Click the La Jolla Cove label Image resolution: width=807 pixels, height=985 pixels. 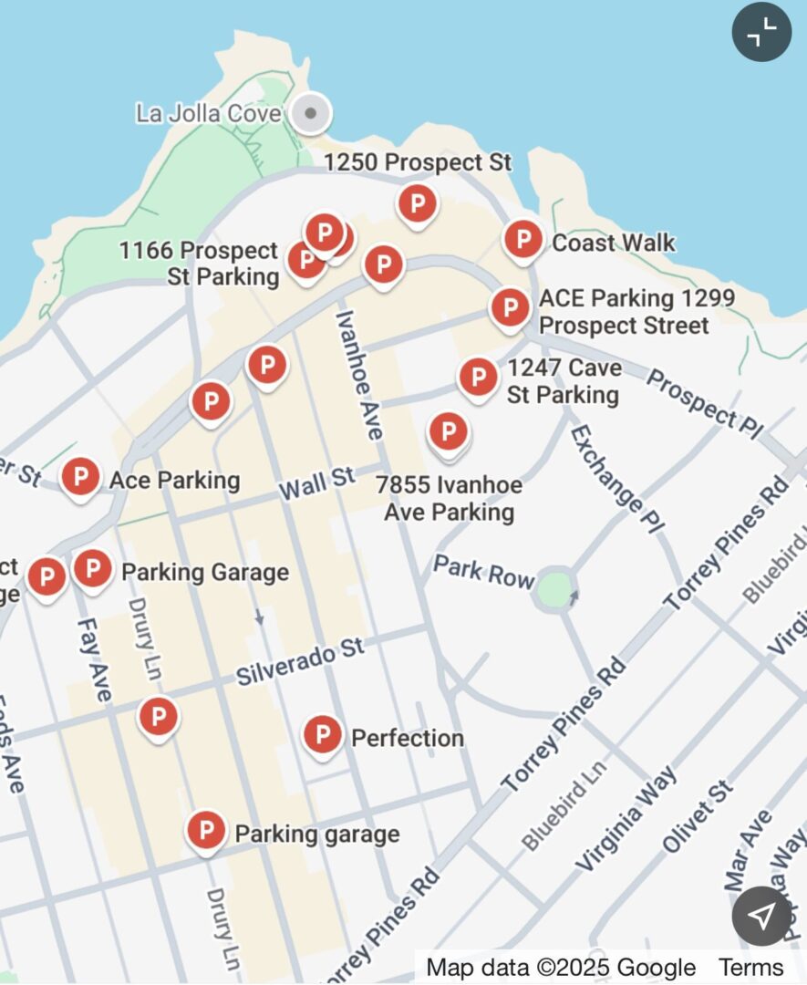point(209,114)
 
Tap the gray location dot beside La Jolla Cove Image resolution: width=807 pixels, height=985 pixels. point(311,114)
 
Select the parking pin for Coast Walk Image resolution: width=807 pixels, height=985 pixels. point(523,240)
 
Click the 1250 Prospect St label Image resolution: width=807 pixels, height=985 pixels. point(418,163)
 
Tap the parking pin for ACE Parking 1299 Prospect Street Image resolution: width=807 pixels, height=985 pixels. point(510,308)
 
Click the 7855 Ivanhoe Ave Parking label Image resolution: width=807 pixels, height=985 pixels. point(449,498)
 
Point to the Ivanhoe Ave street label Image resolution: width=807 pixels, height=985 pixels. point(358,375)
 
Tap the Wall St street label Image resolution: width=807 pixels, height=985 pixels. point(316,483)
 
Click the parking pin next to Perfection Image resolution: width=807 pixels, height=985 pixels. point(322,735)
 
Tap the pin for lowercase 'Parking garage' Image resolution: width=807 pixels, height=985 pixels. point(206,831)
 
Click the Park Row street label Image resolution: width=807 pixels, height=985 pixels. point(482,572)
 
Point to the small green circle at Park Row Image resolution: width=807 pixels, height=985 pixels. point(555,588)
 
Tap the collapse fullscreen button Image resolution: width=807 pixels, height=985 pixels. point(761,32)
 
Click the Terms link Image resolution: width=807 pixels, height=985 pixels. point(750,968)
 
